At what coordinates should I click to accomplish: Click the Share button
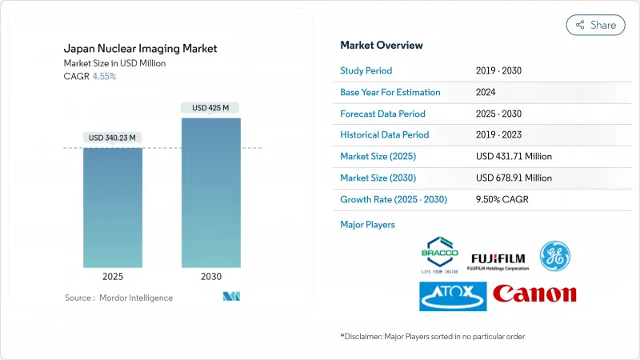596,25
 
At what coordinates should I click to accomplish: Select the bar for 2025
113,208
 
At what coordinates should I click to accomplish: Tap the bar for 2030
210,192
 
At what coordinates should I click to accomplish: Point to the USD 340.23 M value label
113,138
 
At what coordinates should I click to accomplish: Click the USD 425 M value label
210,107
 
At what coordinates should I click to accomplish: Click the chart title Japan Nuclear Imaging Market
141,49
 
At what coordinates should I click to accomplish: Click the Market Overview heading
382,45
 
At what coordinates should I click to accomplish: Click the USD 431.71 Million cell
513,156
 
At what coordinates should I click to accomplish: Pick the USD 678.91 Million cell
514,177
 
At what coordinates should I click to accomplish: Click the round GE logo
554,255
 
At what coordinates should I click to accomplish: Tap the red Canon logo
534,294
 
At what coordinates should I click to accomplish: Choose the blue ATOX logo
451,295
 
